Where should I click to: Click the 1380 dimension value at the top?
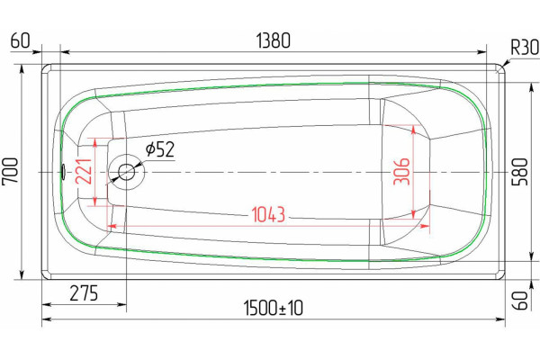[x=274, y=40]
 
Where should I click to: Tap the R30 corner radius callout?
[x=525, y=47]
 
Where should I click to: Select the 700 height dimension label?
[x=10, y=172]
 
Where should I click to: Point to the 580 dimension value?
[x=519, y=172]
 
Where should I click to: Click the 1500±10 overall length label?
[x=274, y=308]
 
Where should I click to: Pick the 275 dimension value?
[x=84, y=293]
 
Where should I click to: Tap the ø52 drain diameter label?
[x=160, y=149]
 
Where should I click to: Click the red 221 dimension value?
[x=84, y=172]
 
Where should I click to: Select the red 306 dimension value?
[x=401, y=172]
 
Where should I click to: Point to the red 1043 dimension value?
[x=268, y=214]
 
